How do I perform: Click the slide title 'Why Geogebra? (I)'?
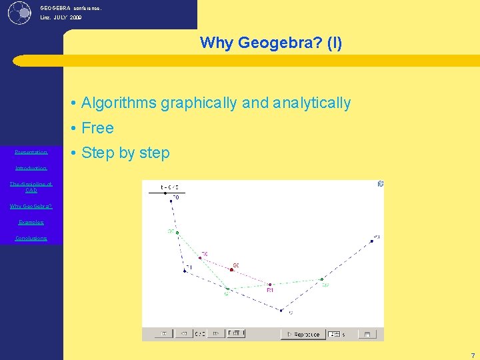(x=271, y=43)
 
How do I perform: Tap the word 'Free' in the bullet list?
(x=97, y=128)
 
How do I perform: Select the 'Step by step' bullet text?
(x=125, y=153)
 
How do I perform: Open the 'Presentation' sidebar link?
(x=31, y=152)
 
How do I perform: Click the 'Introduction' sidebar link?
(x=31, y=168)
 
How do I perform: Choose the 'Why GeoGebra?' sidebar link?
(x=31, y=206)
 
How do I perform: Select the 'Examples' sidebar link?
(x=31, y=222)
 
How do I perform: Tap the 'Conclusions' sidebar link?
(x=31, y=238)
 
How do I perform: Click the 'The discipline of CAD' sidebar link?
(x=31, y=187)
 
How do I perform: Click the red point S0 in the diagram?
(x=232, y=269)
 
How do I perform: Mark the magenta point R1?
(x=269, y=285)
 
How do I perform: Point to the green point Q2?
(x=322, y=279)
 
